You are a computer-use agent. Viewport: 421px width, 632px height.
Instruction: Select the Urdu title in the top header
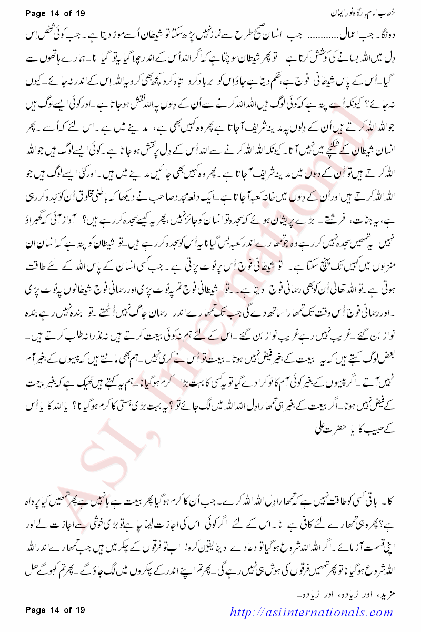click(368, 12)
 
